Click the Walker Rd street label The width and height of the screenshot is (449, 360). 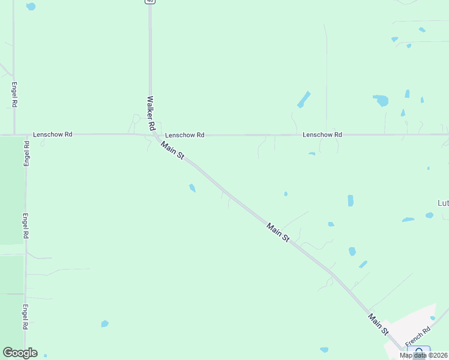151,114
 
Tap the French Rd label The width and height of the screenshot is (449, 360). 418,337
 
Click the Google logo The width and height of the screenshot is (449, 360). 20,353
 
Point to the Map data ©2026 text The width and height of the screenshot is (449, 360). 424,355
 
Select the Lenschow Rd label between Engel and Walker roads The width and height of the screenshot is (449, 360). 53,134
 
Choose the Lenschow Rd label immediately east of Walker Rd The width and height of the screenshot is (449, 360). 185,135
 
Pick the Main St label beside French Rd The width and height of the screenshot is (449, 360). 379,325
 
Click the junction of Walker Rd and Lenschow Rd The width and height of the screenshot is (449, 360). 151,134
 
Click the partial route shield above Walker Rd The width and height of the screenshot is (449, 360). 149,2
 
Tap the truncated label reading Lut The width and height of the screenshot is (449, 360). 443,203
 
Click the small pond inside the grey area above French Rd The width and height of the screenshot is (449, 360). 432,318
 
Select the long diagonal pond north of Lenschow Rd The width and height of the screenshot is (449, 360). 304,99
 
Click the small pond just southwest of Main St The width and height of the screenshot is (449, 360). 192,188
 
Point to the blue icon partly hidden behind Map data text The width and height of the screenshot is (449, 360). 419,351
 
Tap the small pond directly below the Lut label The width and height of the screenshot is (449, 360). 429,215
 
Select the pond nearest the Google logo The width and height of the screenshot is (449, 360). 45,355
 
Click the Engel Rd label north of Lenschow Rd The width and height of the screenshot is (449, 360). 14,95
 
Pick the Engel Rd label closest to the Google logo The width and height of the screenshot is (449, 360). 25,317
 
